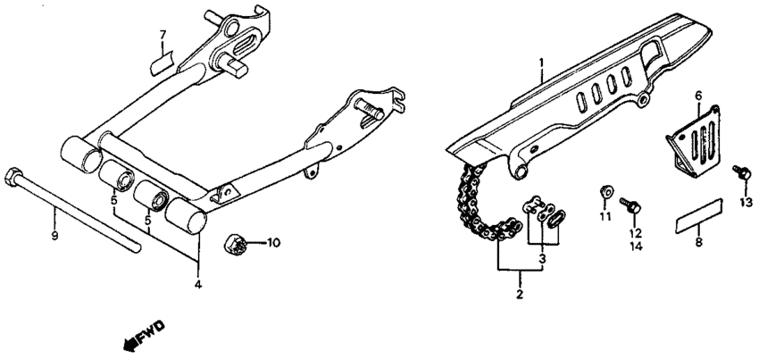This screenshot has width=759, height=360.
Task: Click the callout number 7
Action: (x=163, y=35)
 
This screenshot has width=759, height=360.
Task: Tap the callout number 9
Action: (x=54, y=236)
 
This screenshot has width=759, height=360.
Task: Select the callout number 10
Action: (x=273, y=242)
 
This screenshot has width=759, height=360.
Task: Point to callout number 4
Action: (x=198, y=284)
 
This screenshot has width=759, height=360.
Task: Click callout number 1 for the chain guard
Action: (x=542, y=63)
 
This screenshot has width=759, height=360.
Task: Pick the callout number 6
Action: (x=698, y=96)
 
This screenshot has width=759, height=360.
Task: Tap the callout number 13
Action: (x=746, y=202)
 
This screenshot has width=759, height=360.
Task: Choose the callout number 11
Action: (x=605, y=216)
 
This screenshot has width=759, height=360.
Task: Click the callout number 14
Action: (x=636, y=247)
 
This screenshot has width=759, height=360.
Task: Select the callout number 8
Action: (x=698, y=242)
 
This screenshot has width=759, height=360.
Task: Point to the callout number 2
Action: (x=520, y=294)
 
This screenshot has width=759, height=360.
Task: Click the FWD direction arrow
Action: (x=146, y=335)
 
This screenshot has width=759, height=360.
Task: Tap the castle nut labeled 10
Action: (x=235, y=242)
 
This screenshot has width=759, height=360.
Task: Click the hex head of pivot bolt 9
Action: (x=13, y=177)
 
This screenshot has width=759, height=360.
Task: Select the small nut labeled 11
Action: (x=605, y=192)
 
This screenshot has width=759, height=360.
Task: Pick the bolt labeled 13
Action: (x=742, y=172)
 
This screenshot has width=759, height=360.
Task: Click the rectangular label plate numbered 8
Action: (x=699, y=216)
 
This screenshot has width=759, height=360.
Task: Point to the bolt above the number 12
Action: (x=630, y=205)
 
